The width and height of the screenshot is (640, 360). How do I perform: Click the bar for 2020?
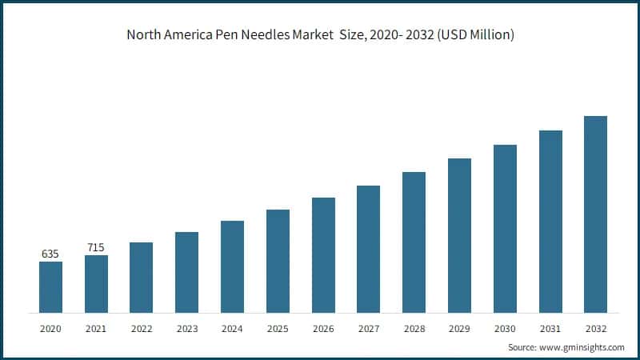point(50,286)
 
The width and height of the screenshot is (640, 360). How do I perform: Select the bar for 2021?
point(96,283)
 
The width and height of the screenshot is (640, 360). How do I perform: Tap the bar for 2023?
point(186,272)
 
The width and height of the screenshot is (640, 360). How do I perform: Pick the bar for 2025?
point(278,261)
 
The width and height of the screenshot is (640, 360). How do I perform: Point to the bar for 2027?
point(368,249)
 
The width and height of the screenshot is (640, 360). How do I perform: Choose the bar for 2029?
point(459,235)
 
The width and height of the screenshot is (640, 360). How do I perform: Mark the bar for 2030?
point(505,228)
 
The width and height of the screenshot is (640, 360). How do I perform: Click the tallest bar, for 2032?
point(595,214)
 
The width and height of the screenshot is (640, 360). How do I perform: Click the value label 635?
point(50,254)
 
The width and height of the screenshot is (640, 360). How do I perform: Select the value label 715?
point(96,247)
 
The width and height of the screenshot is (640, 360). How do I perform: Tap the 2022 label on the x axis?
point(141,329)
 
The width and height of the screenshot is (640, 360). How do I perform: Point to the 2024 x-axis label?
point(232,329)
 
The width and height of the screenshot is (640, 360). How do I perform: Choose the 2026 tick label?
point(323,329)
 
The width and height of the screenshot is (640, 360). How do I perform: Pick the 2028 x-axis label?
point(414,329)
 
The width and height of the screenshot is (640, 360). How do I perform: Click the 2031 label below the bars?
point(550,329)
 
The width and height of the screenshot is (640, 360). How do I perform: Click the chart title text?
point(320,35)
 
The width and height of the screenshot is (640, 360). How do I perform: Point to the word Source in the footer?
point(522,347)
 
